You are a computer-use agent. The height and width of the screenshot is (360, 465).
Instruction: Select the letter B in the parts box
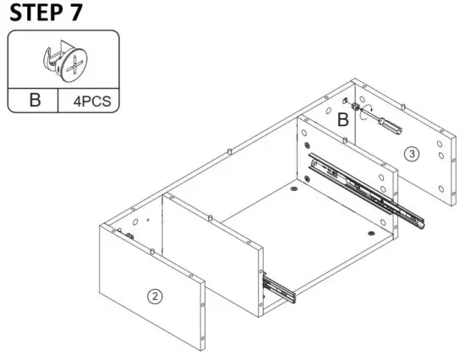(35, 100)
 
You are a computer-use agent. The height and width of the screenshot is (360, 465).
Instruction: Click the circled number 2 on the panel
(154, 296)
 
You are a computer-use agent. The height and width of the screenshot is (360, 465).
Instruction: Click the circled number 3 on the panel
(411, 154)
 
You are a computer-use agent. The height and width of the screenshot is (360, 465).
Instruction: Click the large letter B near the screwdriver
(342, 120)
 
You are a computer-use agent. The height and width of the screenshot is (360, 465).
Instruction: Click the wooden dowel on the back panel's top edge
(230, 152)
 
